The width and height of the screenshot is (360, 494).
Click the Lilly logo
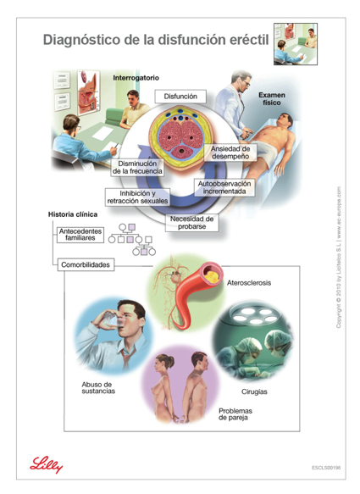47,464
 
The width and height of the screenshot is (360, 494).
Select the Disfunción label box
180,97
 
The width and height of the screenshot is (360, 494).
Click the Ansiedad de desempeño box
230,153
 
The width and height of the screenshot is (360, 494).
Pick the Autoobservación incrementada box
224,187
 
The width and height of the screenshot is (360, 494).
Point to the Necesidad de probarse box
191,223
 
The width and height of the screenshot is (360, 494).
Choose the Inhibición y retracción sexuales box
137,197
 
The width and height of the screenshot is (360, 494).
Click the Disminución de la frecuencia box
137,167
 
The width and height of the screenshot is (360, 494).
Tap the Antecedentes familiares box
80,235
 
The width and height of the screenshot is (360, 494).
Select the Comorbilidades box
86,264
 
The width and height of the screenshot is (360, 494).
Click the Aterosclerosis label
249,283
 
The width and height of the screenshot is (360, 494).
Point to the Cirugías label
254,392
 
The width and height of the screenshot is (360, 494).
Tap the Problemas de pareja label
235,414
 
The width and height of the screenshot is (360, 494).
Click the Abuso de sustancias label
98,388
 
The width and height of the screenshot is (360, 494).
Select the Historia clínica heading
73,214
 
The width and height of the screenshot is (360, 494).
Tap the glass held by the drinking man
113,319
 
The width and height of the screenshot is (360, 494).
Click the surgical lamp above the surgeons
254,315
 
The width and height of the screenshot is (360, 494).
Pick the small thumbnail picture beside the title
296,44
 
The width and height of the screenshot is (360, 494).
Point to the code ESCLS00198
326,468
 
